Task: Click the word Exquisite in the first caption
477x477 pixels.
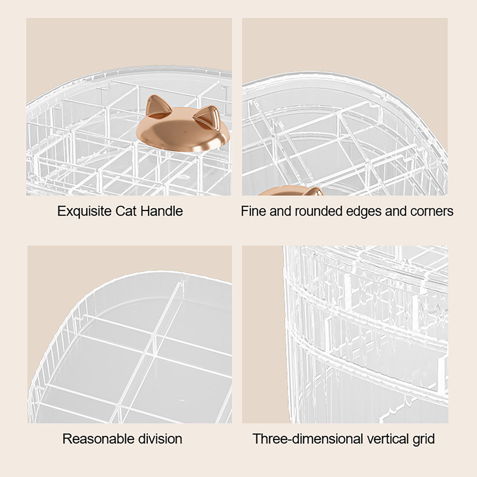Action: coord(84,212)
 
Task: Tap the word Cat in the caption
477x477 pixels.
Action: coord(126,211)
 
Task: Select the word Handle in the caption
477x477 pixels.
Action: coord(161,211)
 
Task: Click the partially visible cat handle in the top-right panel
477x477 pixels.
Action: coord(291,191)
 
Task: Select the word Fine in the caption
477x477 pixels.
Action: coord(253,211)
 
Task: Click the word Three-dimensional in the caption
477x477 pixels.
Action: coord(308,439)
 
